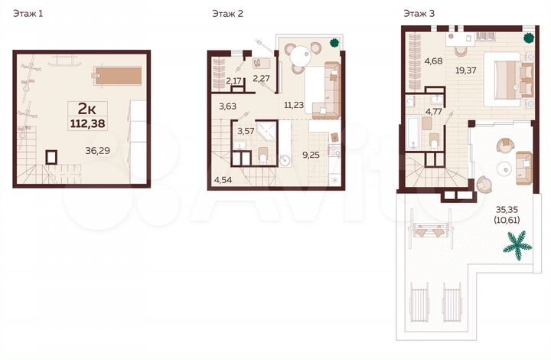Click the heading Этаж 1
(x=28, y=13)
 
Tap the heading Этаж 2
(x=227, y=13)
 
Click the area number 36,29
(x=98, y=150)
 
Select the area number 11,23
(x=294, y=106)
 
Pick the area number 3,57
(x=246, y=131)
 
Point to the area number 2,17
(x=233, y=80)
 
